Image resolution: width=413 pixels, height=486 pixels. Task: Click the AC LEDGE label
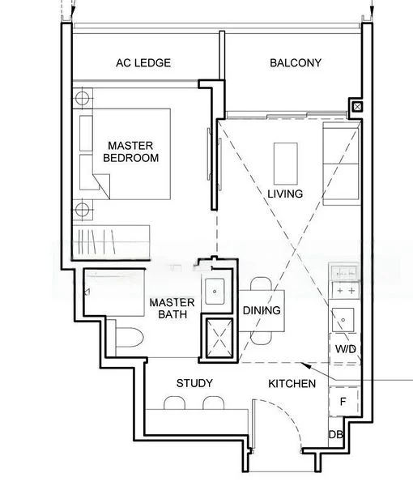click(143, 63)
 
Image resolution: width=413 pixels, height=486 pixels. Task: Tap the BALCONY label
click(296, 63)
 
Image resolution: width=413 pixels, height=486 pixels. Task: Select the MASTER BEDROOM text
click(130, 151)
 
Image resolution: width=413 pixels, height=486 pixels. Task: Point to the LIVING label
click(285, 194)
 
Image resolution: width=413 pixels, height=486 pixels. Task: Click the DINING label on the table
click(262, 310)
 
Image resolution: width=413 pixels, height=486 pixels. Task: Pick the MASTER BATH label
click(172, 309)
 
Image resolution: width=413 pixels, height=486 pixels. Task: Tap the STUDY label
click(194, 383)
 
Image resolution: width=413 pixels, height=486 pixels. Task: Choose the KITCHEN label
click(292, 384)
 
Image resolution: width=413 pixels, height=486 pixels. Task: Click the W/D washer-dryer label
click(346, 349)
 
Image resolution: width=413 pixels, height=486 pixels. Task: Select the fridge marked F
click(343, 402)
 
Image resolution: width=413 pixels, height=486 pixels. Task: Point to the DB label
click(335, 435)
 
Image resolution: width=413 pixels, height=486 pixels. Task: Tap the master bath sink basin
click(215, 292)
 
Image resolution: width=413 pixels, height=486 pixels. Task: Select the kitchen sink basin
click(343, 320)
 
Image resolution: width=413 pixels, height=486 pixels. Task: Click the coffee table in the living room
click(286, 164)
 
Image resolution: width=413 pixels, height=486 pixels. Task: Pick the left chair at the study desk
click(174, 403)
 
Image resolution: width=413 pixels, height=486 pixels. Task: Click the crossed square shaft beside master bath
click(219, 339)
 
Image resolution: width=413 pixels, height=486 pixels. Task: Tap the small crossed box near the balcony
click(357, 107)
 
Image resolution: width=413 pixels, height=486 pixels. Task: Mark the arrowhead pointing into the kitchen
click(306, 365)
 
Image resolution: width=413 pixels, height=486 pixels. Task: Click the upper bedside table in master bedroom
click(83, 98)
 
